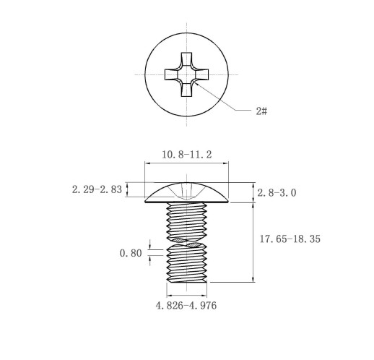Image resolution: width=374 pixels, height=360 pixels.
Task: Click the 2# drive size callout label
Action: tap(261, 111)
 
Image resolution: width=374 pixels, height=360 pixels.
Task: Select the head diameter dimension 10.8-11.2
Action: tap(187, 155)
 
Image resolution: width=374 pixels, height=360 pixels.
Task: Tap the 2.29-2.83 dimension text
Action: tap(97, 189)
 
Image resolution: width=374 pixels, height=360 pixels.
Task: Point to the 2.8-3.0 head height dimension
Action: tap(277, 193)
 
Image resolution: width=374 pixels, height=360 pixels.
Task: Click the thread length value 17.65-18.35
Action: tap(290, 239)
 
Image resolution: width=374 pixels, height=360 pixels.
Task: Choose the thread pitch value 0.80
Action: tap(131, 253)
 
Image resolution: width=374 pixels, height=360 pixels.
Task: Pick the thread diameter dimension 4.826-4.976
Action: tap(186, 306)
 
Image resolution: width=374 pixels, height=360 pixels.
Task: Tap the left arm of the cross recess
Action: tap(171, 74)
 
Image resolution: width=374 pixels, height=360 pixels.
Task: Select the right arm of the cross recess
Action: tap(201, 74)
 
